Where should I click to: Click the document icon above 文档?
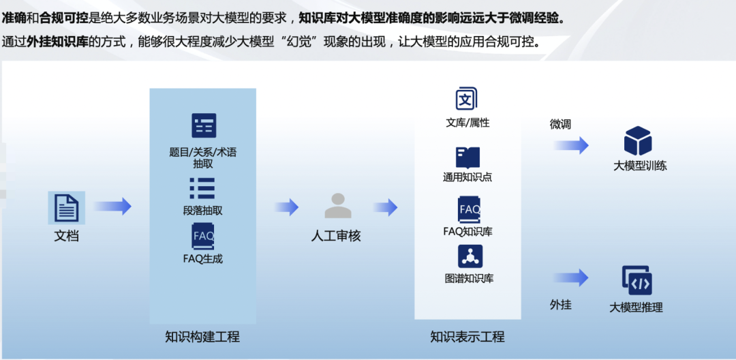pyautogui.click(x=66, y=207)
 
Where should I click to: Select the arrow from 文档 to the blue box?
pyautogui.click(x=112, y=207)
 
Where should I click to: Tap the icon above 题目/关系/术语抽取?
pyautogui.click(x=204, y=126)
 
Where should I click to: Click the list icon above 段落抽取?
pyautogui.click(x=202, y=188)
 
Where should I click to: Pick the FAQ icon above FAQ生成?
pyautogui.click(x=203, y=236)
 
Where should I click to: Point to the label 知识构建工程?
pyautogui.click(x=202, y=337)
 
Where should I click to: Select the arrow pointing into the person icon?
pyautogui.click(x=287, y=207)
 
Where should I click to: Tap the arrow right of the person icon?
pyautogui.click(x=385, y=207)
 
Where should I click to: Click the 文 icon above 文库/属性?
pyautogui.click(x=467, y=100)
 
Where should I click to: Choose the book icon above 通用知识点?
pyautogui.click(x=467, y=157)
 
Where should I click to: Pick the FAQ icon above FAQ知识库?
pyautogui.click(x=469, y=209)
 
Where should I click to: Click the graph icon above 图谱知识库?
pyautogui.click(x=470, y=256)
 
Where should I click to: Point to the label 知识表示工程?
pyautogui.click(x=467, y=337)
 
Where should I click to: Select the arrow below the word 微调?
pyautogui.click(x=571, y=145)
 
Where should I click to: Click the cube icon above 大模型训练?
pyautogui.click(x=638, y=141)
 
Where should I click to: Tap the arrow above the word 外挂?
pyautogui.click(x=571, y=277)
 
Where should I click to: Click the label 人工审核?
pyautogui.click(x=336, y=237)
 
